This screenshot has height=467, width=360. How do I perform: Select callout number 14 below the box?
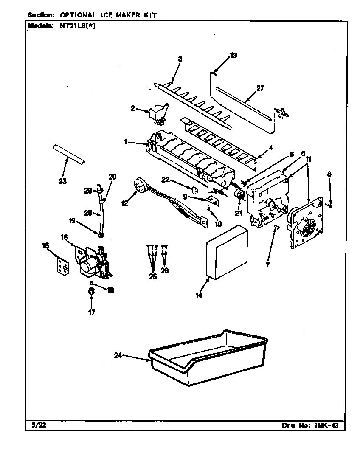199,295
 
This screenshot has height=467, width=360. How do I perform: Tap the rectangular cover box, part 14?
227,255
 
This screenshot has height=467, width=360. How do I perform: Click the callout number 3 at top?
180,59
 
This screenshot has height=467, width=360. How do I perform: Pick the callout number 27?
260,88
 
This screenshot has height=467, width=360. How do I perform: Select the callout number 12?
124,203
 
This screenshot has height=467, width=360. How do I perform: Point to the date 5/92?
38,425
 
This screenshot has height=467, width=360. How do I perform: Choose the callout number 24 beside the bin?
118,356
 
